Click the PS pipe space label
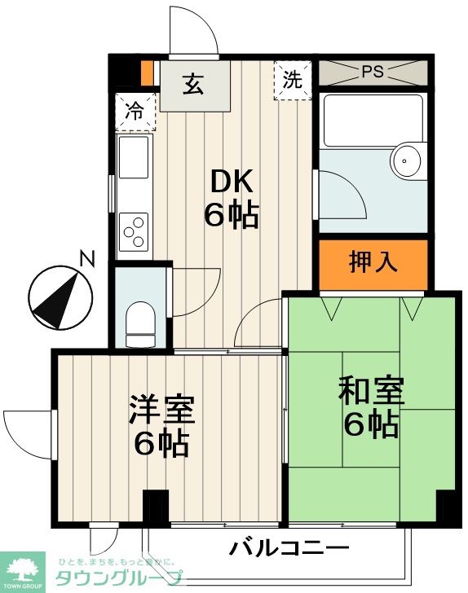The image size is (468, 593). [x=373, y=72]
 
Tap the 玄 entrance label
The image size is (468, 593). [x=193, y=84]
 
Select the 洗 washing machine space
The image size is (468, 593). [x=293, y=80]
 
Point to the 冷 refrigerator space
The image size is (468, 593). [x=135, y=112]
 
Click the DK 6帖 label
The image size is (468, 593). [x=232, y=199]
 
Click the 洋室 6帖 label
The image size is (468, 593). [x=161, y=425]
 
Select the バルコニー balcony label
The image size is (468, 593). [x=289, y=548]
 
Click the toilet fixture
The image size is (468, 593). [x=140, y=324]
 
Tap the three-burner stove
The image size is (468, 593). [x=133, y=232]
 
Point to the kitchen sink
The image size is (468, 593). [x=133, y=157]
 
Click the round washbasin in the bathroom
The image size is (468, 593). [x=406, y=160]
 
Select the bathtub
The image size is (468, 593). [x=373, y=121]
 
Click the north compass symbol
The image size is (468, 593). [x=60, y=297]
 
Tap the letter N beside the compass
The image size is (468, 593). [x=87, y=259]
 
